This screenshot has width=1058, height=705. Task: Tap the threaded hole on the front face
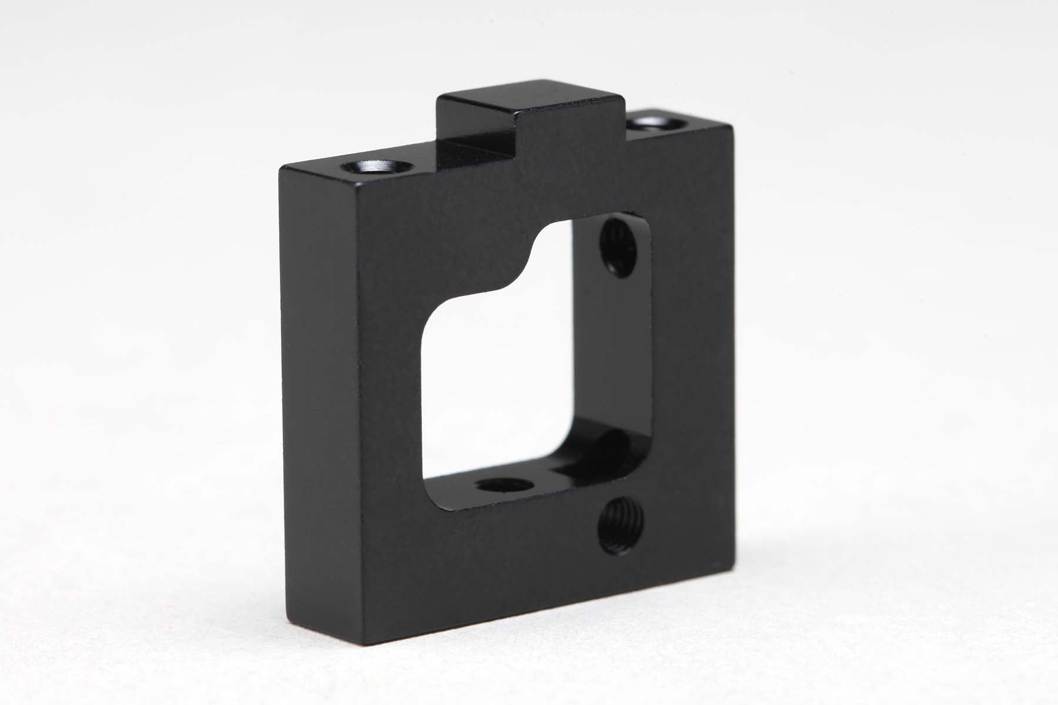click(x=621, y=526)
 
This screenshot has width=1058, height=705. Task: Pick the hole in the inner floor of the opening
click(x=504, y=485)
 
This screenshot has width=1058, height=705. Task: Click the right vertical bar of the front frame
click(x=694, y=352)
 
